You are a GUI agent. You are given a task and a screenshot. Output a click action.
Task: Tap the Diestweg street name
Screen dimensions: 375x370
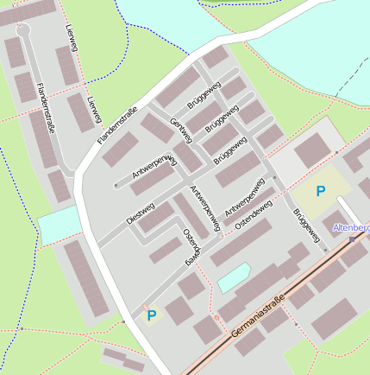[x=140, y=213]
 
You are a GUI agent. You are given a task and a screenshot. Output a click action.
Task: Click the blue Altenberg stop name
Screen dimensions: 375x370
[x=352, y=227]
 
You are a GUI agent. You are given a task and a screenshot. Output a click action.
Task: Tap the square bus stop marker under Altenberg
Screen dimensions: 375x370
[x=352, y=238]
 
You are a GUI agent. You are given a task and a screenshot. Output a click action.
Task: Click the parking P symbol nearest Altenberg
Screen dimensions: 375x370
[x=321, y=191]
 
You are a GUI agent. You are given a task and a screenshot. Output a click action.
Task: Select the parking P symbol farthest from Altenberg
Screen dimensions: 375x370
[x=152, y=316]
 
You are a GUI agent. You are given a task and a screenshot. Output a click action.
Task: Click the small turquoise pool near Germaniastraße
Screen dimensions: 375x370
[x=233, y=276]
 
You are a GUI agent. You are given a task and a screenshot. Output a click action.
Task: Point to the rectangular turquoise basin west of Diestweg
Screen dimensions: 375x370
[x=58, y=224]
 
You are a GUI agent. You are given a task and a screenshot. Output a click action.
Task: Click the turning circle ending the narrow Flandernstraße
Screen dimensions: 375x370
[x=23, y=30]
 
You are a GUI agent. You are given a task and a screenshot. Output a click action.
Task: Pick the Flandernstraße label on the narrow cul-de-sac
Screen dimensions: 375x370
[x=47, y=110]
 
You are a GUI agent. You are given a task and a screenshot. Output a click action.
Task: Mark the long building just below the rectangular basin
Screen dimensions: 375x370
[x=87, y=277]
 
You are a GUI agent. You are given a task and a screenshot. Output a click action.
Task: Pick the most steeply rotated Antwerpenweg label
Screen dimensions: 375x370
[x=205, y=208]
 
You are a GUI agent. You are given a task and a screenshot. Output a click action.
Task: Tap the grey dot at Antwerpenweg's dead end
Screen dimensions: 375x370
[x=116, y=184]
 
